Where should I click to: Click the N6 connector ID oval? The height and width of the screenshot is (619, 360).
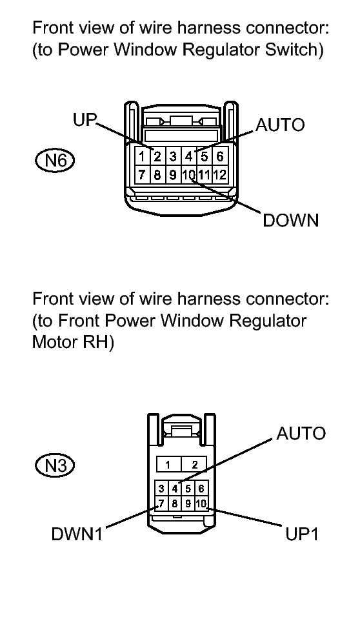(x=54, y=161)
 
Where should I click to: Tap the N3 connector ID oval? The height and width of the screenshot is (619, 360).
(x=54, y=465)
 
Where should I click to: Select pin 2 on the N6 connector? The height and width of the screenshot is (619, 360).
(x=157, y=157)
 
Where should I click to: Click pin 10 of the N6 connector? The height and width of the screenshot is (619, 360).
(x=188, y=174)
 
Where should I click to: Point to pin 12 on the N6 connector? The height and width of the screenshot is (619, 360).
(x=219, y=174)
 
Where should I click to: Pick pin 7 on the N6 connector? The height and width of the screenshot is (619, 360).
(x=142, y=174)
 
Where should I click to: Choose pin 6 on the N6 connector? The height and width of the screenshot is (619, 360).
(x=219, y=157)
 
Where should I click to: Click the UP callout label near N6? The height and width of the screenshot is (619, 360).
(x=85, y=120)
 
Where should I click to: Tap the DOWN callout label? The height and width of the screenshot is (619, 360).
(x=291, y=220)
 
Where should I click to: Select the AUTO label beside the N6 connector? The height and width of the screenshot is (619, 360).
(x=280, y=125)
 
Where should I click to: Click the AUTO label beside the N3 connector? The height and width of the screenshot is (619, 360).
(x=301, y=434)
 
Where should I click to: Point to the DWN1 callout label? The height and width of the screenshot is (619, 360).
(x=77, y=534)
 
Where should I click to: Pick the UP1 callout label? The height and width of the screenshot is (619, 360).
(x=302, y=534)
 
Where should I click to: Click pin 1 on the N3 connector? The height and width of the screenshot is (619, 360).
(x=168, y=465)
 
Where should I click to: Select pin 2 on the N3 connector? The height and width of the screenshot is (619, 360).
(x=194, y=465)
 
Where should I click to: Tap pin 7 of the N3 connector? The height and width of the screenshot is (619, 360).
(x=161, y=503)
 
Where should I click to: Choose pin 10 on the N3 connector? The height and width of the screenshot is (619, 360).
(x=201, y=503)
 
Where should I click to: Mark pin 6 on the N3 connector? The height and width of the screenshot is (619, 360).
(x=201, y=489)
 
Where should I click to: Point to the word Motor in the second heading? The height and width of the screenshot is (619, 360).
(x=54, y=342)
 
